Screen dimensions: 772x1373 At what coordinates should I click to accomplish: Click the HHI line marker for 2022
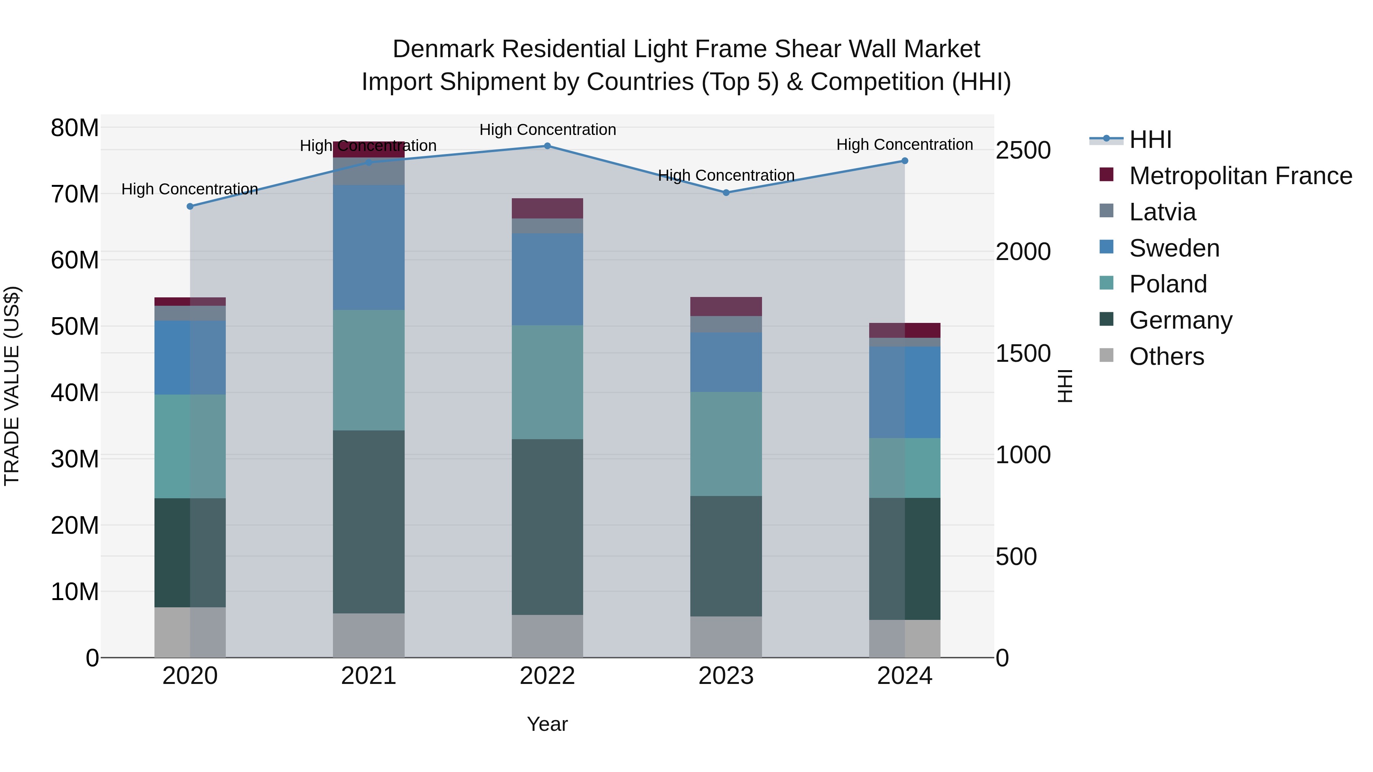click(x=547, y=146)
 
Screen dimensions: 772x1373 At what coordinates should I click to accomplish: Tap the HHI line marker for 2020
click(x=190, y=206)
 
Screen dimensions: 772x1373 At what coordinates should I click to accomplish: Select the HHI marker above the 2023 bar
click(x=726, y=193)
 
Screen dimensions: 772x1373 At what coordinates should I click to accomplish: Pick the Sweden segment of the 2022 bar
click(x=547, y=279)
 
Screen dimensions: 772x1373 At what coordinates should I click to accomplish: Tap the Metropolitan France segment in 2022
click(x=547, y=208)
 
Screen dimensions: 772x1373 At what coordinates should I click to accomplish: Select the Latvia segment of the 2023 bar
click(x=726, y=324)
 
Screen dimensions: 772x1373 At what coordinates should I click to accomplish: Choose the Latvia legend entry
click(x=1162, y=212)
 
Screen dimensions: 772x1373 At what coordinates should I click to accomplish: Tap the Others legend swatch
click(x=1106, y=355)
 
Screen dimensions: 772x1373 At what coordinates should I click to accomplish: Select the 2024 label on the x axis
click(x=905, y=676)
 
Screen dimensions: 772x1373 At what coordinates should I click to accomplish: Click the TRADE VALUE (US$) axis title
click(x=12, y=386)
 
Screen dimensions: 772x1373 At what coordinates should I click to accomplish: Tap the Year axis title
click(x=547, y=724)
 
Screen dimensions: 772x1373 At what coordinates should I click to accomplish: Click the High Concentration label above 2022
click(x=547, y=130)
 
